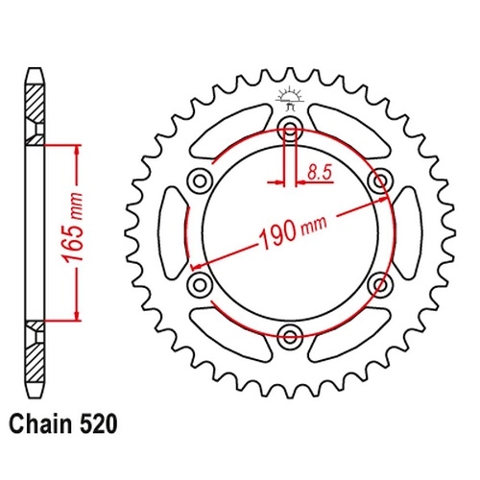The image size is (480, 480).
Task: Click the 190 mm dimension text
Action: pyautogui.click(x=293, y=230)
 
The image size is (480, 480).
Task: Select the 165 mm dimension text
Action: pyautogui.click(x=73, y=228)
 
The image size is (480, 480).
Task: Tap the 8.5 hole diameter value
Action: pyautogui.click(x=320, y=173)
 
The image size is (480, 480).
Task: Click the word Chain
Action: pyautogui.click(x=40, y=424)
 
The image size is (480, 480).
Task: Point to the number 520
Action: pyautogui.click(x=98, y=424)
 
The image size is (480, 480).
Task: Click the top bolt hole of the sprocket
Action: pyautogui.click(x=290, y=130)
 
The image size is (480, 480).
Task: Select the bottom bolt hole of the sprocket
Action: pyautogui.click(x=290, y=336)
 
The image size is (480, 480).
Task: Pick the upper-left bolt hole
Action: pyautogui.click(x=200, y=181)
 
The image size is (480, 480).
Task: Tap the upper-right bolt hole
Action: pyautogui.click(x=380, y=181)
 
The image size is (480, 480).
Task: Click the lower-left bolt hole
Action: pyautogui.click(x=200, y=284)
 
